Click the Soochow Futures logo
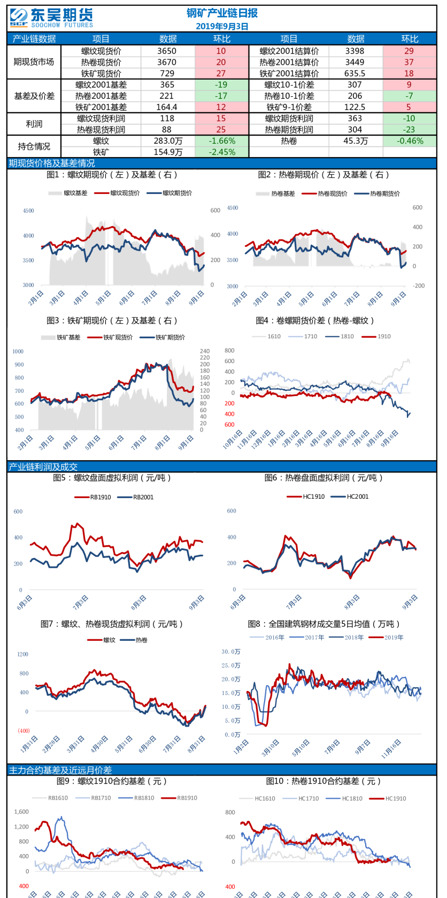pyautogui.click(x=51, y=18)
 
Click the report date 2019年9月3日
pyautogui.click(x=222, y=26)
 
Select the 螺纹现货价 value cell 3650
pyautogui.click(x=167, y=51)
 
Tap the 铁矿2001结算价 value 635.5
pyautogui.click(x=355, y=73)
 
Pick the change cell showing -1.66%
pyautogui.click(x=222, y=141)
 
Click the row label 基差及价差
pyautogui.click(x=34, y=96)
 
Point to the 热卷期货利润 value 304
pyautogui.click(x=355, y=129)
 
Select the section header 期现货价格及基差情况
pyautogui.click(x=51, y=163)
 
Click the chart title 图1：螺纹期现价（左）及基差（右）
pyautogui.click(x=112, y=175)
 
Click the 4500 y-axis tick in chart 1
pyautogui.click(x=28, y=211)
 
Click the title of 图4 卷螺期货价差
pyautogui.click(x=315, y=321)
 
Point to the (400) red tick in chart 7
pyautogui.click(x=24, y=731)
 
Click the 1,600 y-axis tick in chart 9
pyautogui.click(x=21, y=811)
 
